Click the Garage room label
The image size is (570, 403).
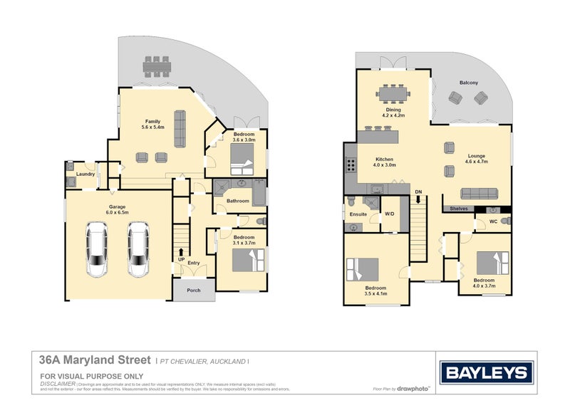pyautogui.click(x=118, y=206)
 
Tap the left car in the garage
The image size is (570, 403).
pyautogui.click(x=98, y=249)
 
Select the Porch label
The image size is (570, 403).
pyautogui.click(x=193, y=290)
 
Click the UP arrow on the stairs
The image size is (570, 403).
pyautogui.click(x=182, y=252)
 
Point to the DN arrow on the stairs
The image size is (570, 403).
pyautogui.click(x=418, y=200)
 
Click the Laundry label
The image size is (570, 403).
pyautogui.click(x=85, y=174)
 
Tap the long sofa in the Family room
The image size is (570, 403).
pyautogui.click(x=179, y=127)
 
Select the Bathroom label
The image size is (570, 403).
pyautogui.click(x=238, y=201)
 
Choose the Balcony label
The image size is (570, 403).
pyautogui.click(x=469, y=83)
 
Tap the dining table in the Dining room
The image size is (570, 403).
pyautogui.click(x=393, y=93)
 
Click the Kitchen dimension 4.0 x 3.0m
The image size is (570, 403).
pyautogui.click(x=385, y=165)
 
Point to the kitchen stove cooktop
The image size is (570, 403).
pyautogui.click(x=351, y=165)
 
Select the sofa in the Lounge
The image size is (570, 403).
pyautogui.click(x=479, y=194)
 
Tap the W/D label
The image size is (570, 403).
pyautogui.click(x=389, y=214)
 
